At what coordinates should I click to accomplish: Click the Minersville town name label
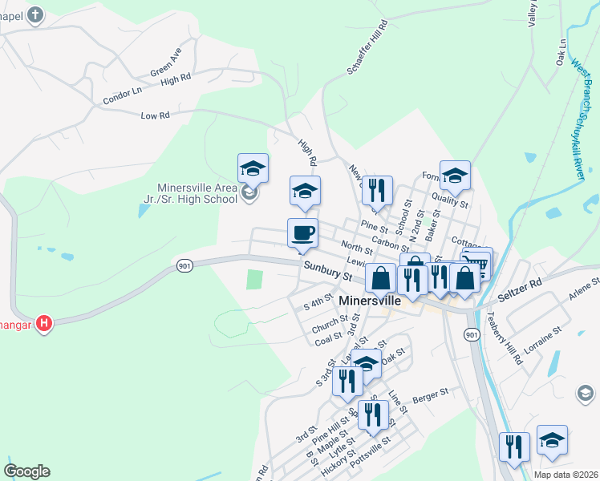pos(380,301)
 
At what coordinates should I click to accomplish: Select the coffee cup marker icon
pos(302,232)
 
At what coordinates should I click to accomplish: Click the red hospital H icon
pos(45,323)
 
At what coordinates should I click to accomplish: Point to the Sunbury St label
pos(327,271)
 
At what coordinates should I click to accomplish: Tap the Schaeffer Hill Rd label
pos(367,48)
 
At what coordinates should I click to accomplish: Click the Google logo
pos(26,471)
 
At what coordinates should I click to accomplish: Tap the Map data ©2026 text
pos(566,475)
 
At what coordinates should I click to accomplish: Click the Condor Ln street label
pos(122,95)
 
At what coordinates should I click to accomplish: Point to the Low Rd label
pos(156,115)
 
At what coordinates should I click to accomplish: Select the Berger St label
pos(428,395)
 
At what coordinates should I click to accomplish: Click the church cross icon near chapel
pos(35,14)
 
